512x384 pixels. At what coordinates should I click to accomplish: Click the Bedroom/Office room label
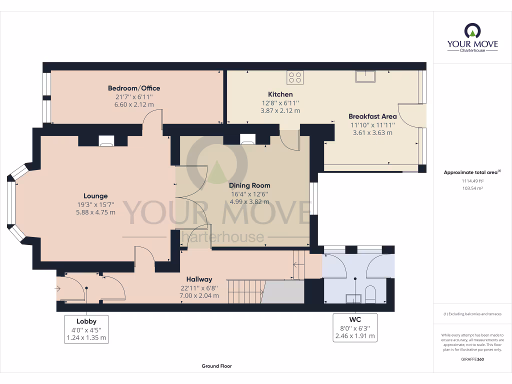pos(134,88)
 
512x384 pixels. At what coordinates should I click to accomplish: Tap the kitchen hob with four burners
pos(295,77)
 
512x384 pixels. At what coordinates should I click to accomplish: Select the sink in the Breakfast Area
pos(366,76)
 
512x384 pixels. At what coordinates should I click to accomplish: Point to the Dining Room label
pos(249,185)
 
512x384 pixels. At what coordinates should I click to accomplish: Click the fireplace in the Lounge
pos(106,141)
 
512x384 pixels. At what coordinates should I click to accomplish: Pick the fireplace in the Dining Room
pos(248,139)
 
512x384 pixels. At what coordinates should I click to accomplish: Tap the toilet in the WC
pos(370,294)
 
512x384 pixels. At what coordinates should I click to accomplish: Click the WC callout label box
pos(355,328)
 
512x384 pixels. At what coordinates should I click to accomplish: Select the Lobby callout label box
pos(86,329)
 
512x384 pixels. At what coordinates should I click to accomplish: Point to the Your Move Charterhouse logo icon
pos(472,31)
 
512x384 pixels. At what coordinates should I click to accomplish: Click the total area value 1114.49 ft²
pos(472,181)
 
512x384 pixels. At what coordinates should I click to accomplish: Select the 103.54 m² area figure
pos(472,188)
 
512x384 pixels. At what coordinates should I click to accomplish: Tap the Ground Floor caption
pos(216,366)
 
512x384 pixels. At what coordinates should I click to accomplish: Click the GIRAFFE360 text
pos(472,359)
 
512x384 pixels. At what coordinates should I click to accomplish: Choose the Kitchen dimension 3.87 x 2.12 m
pos(280,111)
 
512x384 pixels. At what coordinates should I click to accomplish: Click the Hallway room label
pos(199,279)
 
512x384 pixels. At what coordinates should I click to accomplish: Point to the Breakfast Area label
pos(372,116)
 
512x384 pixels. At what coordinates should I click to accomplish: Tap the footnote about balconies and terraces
pos(472,314)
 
